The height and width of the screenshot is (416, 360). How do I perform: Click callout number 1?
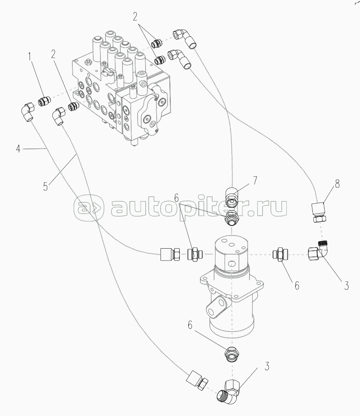pyautogui.click(x=30, y=56)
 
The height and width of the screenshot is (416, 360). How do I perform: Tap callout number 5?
pyautogui.click(x=45, y=187)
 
